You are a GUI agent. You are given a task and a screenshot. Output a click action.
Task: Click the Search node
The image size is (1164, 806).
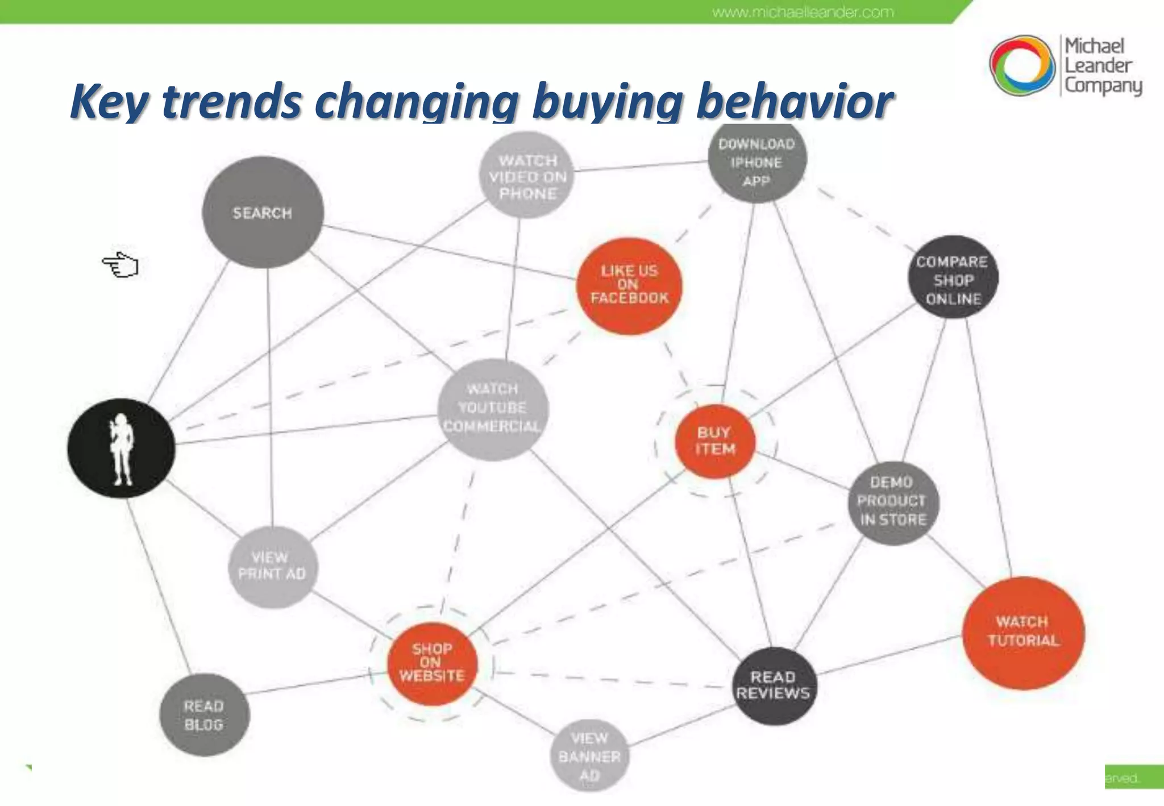coord(263,213)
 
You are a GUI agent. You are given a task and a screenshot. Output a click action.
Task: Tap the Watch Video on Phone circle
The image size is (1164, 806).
coord(527,176)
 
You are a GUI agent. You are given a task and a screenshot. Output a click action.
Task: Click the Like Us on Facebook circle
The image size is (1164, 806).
coord(629,285)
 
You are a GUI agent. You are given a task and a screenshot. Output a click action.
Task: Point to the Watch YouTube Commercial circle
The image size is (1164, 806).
coord(493,409)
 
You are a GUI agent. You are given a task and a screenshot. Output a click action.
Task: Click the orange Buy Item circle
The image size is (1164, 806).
coord(715,441)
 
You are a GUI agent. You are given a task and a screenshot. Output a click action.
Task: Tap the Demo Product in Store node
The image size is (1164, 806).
coord(892,502)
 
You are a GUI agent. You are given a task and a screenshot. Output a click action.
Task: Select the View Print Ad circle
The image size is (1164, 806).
coord(272,566)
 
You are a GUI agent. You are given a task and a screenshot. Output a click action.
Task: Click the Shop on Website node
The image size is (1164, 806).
coord(431,663)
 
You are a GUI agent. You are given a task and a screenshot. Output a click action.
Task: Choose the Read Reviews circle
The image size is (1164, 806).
coord(773,685)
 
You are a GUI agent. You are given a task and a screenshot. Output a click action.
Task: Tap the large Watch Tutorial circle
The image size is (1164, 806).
coord(1023,632)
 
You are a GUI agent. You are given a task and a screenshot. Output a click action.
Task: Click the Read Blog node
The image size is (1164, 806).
coord(204,715)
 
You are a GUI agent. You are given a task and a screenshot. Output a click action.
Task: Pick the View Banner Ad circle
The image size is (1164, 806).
coord(589,756)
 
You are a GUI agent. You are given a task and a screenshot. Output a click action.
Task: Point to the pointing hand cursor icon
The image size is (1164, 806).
coord(120,265)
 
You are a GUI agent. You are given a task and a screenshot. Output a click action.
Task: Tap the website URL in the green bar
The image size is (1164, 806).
coord(803,12)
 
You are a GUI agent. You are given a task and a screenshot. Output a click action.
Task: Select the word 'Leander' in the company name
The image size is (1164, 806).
coord(1098,66)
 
